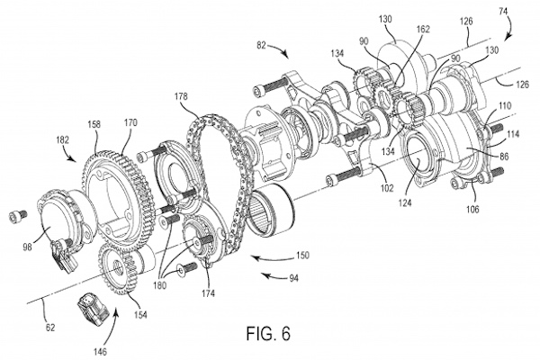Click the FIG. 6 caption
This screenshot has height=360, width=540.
tap(268, 333)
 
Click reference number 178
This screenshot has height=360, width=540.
tap(181, 96)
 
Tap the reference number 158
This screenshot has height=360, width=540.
tap(94, 124)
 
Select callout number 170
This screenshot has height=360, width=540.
tap(130, 122)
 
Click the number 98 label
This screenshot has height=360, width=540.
tap(27, 247)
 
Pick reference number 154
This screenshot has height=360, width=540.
tap(140, 314)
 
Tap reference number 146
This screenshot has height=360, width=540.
tap(100, 352)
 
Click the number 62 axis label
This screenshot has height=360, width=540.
tap(50, 328)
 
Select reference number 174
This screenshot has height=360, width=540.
tap(208, 292)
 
